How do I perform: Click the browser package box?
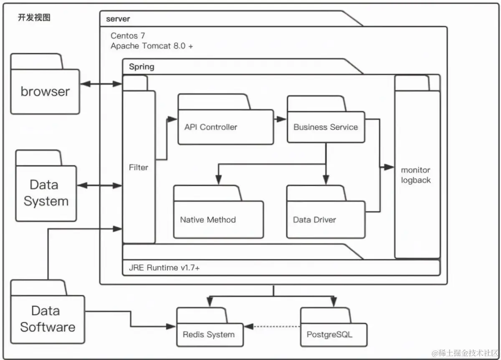point(45,84)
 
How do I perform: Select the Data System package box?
point(46,186)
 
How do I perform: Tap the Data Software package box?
point(48,312)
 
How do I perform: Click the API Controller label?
point(211,127)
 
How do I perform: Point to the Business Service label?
point(326,127)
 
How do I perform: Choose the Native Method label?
point(208,220)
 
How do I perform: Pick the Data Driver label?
point(314,220)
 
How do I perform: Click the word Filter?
point(139,167)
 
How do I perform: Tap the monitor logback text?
point(416,175)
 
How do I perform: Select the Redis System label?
point(209,335)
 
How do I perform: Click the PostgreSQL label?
point(329,335)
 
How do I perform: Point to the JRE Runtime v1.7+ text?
point(164,268)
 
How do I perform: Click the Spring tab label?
point(142,67)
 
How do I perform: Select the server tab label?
point(118,19)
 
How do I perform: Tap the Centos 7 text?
point(128,35)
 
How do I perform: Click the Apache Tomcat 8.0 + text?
point(152,46)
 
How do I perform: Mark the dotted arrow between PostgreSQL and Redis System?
point(272,327)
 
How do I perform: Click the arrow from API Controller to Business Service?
point(280,119)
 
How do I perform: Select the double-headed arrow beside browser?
point(101,84)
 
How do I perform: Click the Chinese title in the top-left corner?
point(34,18)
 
